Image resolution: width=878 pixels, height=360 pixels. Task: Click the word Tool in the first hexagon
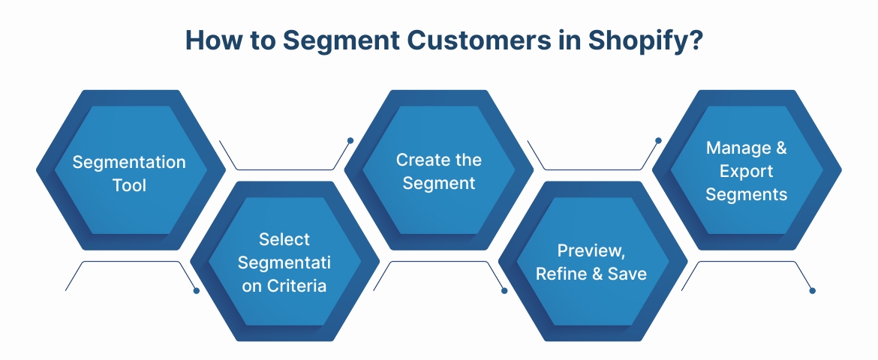tap(129, 184)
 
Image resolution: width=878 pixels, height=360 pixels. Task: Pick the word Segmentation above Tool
tap(129, 162)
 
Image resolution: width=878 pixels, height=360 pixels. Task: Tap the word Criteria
tap(298, 285)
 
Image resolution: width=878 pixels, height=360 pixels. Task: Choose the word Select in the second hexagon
tap(284, 239)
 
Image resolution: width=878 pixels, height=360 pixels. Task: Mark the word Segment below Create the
tap(439, 183)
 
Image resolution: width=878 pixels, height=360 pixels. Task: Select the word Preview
tap(591, 250)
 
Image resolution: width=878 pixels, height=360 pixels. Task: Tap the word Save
tap(627, 274)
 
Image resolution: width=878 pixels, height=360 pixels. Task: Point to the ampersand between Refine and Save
tap(598, 274)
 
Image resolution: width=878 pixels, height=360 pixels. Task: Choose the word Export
tap(747, 171)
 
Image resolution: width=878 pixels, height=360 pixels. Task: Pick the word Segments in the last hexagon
tap(747, 194)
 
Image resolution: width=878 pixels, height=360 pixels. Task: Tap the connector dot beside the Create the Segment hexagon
tap(350, 140)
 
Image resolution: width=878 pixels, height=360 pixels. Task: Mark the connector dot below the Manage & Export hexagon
tap(812, 290)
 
